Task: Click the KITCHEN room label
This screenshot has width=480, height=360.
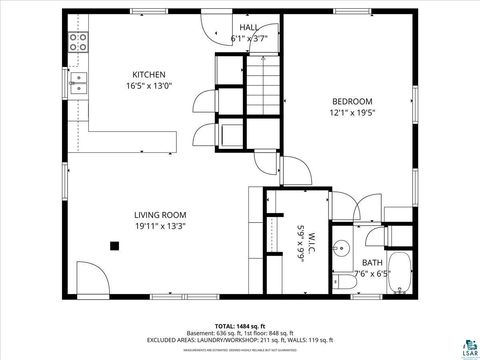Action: (149, 74)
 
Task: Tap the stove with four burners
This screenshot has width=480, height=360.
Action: (78, 41)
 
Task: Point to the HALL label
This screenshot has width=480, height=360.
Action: (249, 28)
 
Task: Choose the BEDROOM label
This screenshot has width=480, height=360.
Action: (352, 101)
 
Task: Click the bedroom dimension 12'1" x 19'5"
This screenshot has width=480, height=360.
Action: (352, 113)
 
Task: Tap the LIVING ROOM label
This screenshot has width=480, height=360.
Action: (160, 214)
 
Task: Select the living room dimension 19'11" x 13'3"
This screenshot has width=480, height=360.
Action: (160, 226)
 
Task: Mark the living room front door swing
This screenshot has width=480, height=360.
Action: (88, 280)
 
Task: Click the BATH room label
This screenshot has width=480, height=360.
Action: (371, 262)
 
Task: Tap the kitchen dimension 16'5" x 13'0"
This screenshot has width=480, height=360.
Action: (149, 86)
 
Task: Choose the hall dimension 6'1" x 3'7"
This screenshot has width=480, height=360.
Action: (249, 39)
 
